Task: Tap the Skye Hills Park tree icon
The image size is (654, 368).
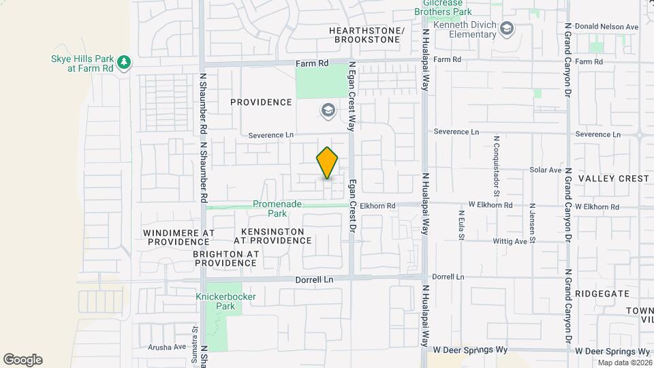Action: (x=123, y=63)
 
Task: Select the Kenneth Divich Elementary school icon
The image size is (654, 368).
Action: (x=506, y=29)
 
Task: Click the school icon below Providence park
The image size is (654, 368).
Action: (x=328, y=110)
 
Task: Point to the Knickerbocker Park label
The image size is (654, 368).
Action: (x=215, y=301)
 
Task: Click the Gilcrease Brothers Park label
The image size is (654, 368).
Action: (x=443, y=7)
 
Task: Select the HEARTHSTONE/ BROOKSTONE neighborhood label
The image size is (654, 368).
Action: (x=367, y=35)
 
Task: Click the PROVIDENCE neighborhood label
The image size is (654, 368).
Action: (x=261, y=102)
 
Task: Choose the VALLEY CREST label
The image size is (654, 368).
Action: (x=613, y=179)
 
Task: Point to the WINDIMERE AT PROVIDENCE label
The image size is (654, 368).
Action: (x=179, y=237)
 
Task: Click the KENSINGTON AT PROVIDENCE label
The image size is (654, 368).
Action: (x=272, y=236)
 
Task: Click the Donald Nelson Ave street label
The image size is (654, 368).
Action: (x=606, y=27)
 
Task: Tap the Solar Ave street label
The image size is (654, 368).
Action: (x=546, y=170)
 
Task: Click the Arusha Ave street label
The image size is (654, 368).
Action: (x=167, y=347)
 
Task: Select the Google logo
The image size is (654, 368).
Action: (x=22, y=360)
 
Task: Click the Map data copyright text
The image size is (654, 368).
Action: (x=624, y=363)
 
